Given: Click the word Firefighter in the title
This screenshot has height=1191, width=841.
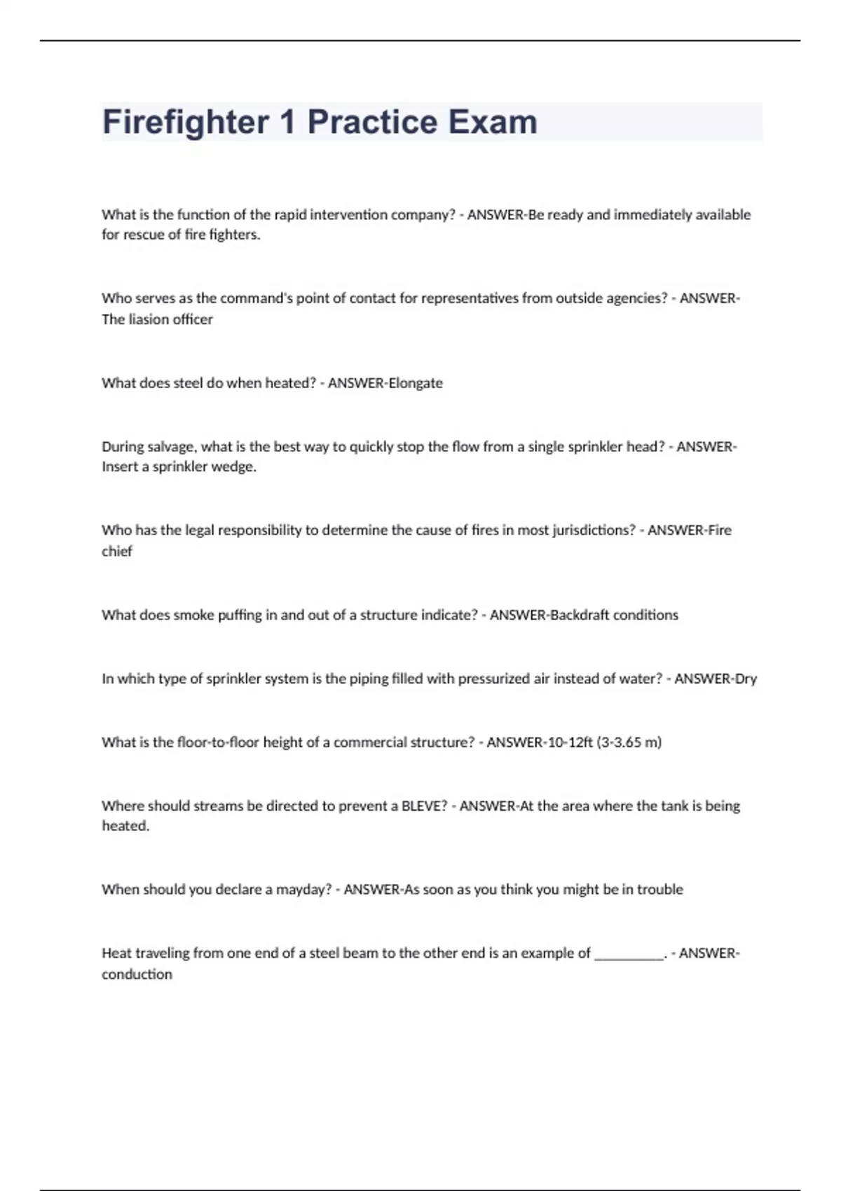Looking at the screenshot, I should click(x=186, y=123).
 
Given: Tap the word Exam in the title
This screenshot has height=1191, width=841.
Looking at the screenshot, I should click(x=493, y=123).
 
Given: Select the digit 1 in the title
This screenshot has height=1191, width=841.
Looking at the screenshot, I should click(x=287, y=123).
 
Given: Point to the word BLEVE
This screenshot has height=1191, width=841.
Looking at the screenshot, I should click(x=423, y=806).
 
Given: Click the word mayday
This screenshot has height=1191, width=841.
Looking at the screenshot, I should click(x=303, y=890).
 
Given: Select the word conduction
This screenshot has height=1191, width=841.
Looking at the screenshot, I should click(x=137, y=975).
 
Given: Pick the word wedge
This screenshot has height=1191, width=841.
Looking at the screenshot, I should click(x=235, y=467).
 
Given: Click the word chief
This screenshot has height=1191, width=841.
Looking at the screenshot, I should click(x=116, y=551).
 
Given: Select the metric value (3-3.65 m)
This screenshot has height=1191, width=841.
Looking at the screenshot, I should click(x=629, y=743).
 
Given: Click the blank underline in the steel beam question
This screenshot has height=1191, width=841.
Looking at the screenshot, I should click(x=629, y=954).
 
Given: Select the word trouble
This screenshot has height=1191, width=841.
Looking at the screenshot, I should click(x=659, y=890).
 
